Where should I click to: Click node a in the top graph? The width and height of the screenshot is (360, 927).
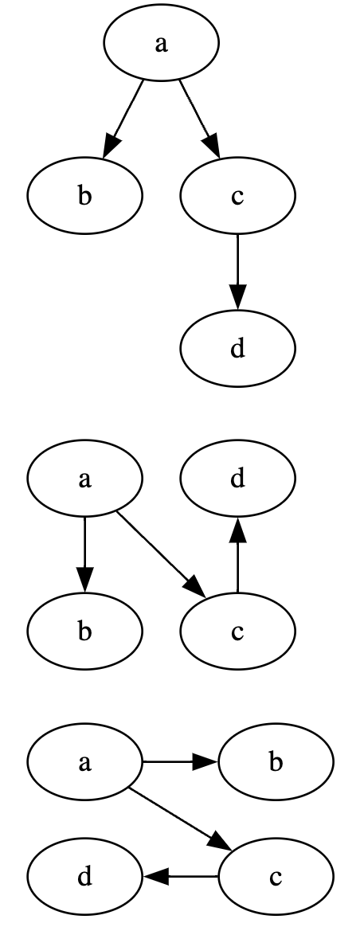(x=161, y=44)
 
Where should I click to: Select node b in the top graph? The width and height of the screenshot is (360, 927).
(x=85, y=196)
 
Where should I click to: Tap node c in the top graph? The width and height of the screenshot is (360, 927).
(x=237, y=196)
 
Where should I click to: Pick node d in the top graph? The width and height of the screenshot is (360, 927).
(x=237, y=348)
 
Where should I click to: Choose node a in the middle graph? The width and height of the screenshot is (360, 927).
(x=85, y=479)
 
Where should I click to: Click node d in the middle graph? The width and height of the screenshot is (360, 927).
(x=237, y=479)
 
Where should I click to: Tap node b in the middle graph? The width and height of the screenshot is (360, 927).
(x=85, y=632)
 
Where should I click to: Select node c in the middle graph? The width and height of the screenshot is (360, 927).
(x=237, y=632)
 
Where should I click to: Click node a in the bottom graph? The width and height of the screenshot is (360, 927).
(x=85, y=763)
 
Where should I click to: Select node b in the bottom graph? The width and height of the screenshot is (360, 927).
(x=276, y=763)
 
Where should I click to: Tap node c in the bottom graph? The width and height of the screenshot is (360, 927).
(x=276, y=877)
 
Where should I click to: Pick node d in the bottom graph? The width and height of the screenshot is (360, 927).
(x=85, y=877)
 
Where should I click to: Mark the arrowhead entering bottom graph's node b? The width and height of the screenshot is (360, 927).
(x=205, y=763)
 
